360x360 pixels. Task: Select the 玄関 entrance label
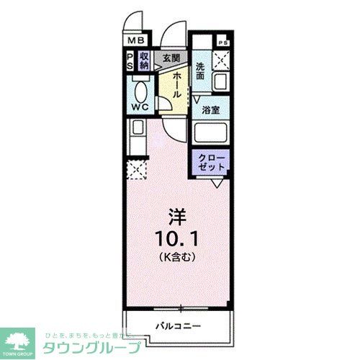[170, 58]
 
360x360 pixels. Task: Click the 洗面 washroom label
[201, 70]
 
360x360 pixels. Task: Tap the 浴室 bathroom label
[210, 111]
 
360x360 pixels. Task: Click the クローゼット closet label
[211, 162]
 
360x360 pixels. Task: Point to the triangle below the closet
[216, 184]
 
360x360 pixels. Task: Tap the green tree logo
[20, 338]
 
